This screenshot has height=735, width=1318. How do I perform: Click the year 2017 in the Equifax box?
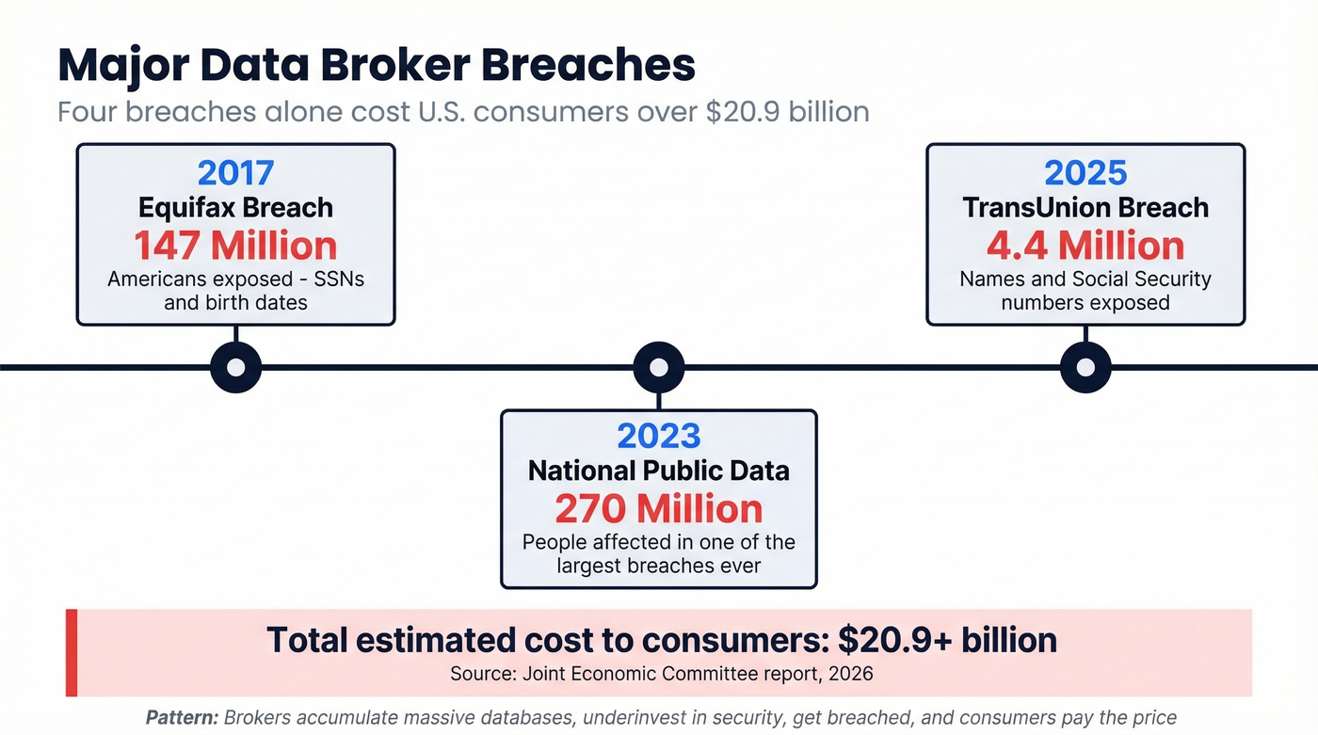point(235,173)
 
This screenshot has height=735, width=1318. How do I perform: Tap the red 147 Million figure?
point(235,246)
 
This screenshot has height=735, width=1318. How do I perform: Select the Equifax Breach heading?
point(235,208)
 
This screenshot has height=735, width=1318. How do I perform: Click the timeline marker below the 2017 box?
point(235,367)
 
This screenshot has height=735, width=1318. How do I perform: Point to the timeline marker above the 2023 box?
point(659,367)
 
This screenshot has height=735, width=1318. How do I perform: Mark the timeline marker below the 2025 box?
point(1085,367)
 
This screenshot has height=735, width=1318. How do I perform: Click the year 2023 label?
point(659,437)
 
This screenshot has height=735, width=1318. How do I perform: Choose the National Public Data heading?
point(659,471)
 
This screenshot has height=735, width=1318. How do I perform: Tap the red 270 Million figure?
point(659,509)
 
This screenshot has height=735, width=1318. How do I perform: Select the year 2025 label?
point(1085,173)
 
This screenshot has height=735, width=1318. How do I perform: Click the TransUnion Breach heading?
point(1085,208)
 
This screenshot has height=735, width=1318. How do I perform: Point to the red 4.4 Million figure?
point(1085,246)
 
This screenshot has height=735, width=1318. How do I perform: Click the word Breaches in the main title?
point(590,66)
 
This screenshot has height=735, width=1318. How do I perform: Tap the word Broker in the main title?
point(401,66)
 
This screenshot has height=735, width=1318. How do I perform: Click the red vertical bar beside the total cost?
point(71,652)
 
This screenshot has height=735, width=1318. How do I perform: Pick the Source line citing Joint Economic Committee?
point(661,674)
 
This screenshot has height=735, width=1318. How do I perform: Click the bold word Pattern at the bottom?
point(182,717)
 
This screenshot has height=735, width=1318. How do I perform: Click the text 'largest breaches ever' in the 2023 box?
point(659,567)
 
